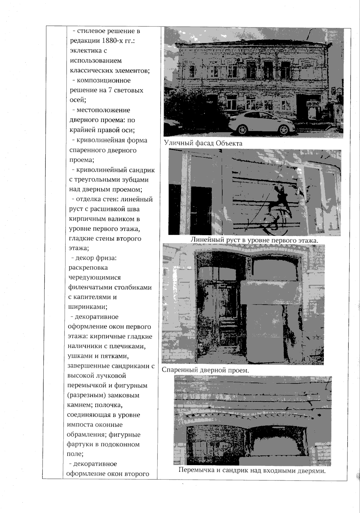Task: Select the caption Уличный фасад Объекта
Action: pyautogui.click(x=203, y=143)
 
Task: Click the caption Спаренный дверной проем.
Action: pyautogui.click(x=205, y=370)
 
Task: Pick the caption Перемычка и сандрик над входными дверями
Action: pyautogui.click(x=252, y=470)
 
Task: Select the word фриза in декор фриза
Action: pyautogui.click(x=106, y=258)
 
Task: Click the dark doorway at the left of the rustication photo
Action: pyautogui.click(x=201, y=210)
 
